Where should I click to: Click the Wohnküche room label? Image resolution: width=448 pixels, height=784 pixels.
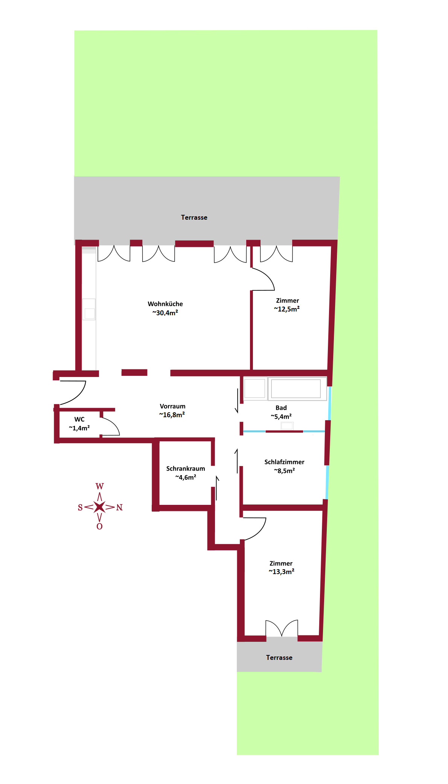point(165,304)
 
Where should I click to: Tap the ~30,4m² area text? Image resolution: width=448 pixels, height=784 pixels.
point(165,313)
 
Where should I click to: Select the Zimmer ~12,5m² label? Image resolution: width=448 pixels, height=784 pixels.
point(287,305)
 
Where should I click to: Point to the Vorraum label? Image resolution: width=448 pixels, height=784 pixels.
point(172,406)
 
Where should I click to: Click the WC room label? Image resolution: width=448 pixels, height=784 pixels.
point(79,419)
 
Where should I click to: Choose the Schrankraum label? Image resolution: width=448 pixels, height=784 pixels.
point(186,469)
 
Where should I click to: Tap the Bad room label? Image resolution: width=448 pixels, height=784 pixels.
point(281,408)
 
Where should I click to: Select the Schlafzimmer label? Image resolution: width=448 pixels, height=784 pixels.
point(284,462)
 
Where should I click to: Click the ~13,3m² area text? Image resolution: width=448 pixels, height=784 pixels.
point(282,572)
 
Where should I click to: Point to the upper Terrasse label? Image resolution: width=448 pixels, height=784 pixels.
point(194,217)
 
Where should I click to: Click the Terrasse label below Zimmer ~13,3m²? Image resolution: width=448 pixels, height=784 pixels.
point(279,658)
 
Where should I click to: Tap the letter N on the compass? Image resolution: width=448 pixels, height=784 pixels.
point(119,507)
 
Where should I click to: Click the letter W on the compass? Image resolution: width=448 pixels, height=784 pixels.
point(99,486)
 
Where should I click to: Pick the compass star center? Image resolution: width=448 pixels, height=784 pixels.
point(99,507)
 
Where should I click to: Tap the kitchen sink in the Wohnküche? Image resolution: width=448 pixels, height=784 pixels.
point(89,309)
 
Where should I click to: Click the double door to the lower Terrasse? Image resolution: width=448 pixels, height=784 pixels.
point(282,628)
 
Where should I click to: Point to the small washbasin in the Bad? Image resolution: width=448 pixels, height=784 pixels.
point(287,426)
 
